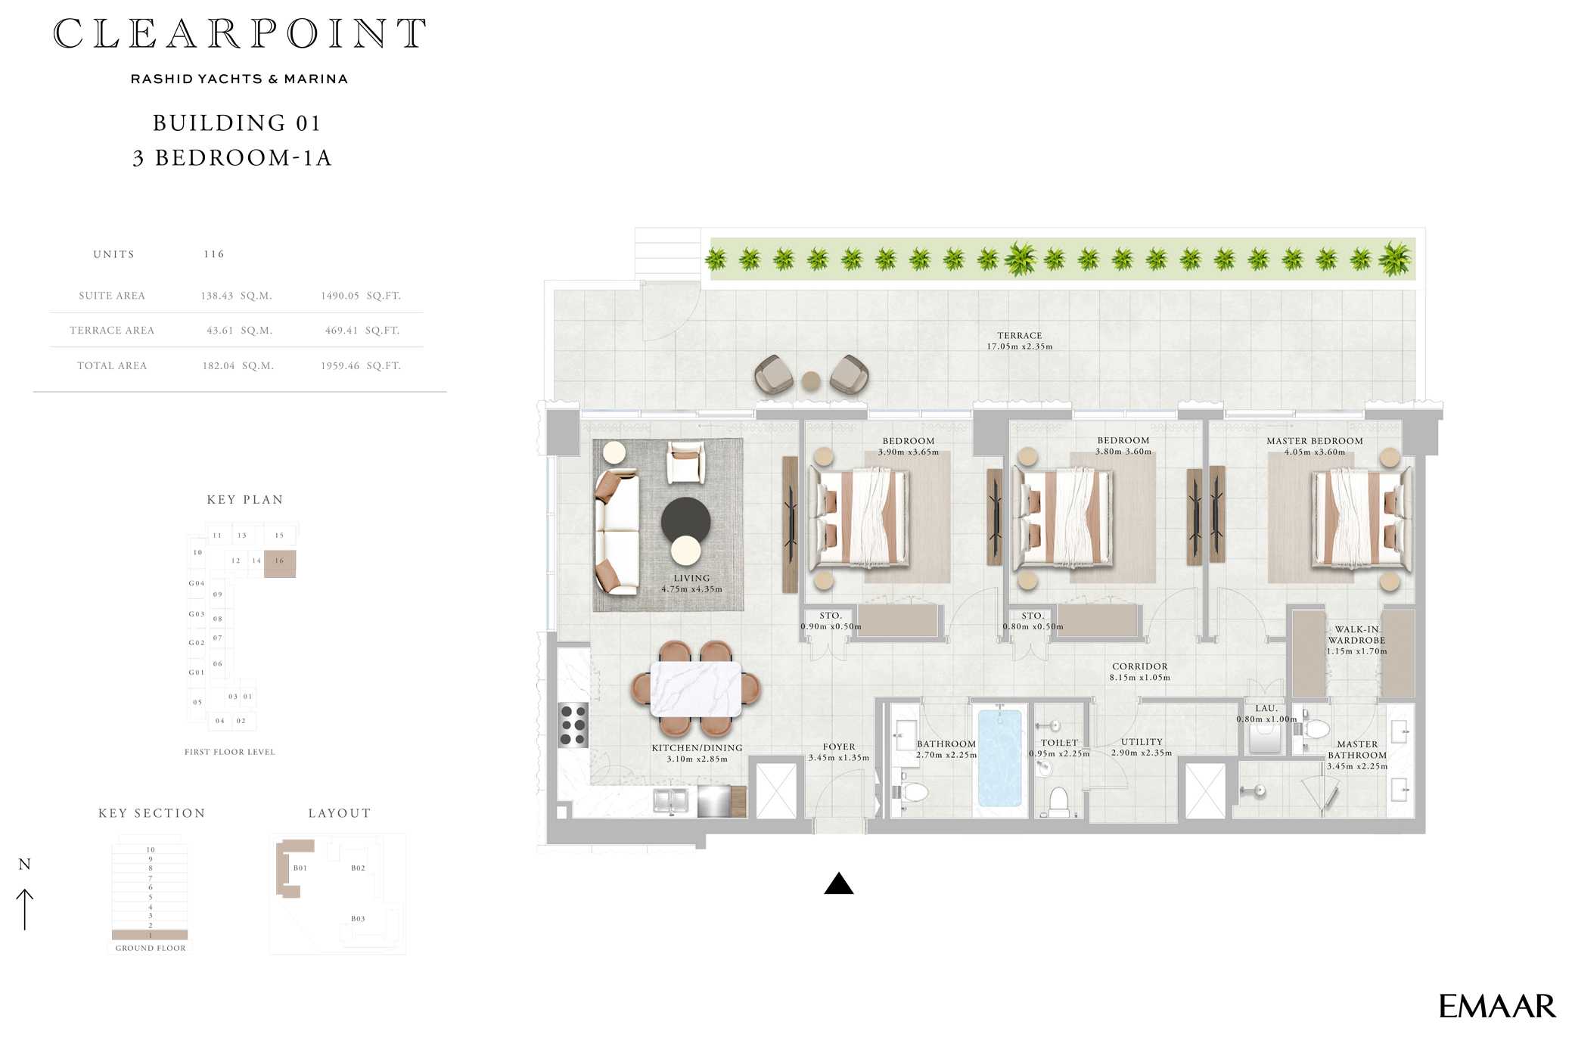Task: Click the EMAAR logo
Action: (1496, 1007)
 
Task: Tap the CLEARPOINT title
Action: (239, 35)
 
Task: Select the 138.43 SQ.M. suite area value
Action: (236, 296)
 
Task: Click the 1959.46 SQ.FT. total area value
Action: (360, 365)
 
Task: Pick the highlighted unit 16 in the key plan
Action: (280, 563)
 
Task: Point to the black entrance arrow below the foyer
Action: (838, 884)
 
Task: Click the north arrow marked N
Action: (25, 896)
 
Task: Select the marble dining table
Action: (695, 688)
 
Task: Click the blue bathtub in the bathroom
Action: (999, 757)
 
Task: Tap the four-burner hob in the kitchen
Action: (573, 725)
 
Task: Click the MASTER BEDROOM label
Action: (1314, 441)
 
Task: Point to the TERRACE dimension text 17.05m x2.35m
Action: (1019, 346)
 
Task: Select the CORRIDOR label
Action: (1139, 666)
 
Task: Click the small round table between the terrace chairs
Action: (811, 380)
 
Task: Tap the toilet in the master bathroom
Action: (1316, 730)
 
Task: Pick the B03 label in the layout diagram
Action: (358, 918)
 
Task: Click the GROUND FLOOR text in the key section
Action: (150, 948)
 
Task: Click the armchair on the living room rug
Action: (685, 461)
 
